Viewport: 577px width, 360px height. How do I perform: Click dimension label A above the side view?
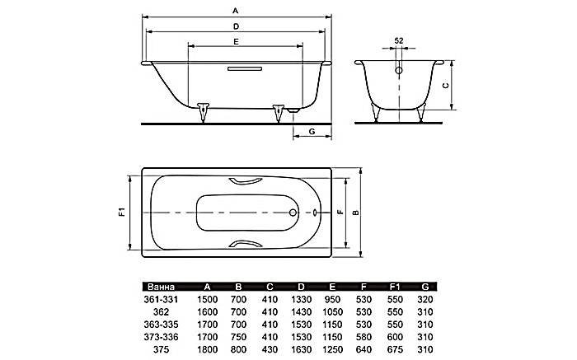click(236, 11)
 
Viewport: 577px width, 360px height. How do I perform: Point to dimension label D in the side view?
click(236, 26)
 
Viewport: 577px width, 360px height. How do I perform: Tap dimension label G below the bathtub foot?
click(312, 132)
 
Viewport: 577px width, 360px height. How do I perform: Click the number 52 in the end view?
click(399, 40)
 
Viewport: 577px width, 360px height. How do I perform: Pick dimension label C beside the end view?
click(444, 85)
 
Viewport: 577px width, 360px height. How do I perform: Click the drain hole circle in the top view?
click(293, 213)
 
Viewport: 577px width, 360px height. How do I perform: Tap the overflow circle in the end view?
click(399, 71)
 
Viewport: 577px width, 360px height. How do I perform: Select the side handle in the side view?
click(240, 69)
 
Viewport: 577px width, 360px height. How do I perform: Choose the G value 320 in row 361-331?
click(424, 300)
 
